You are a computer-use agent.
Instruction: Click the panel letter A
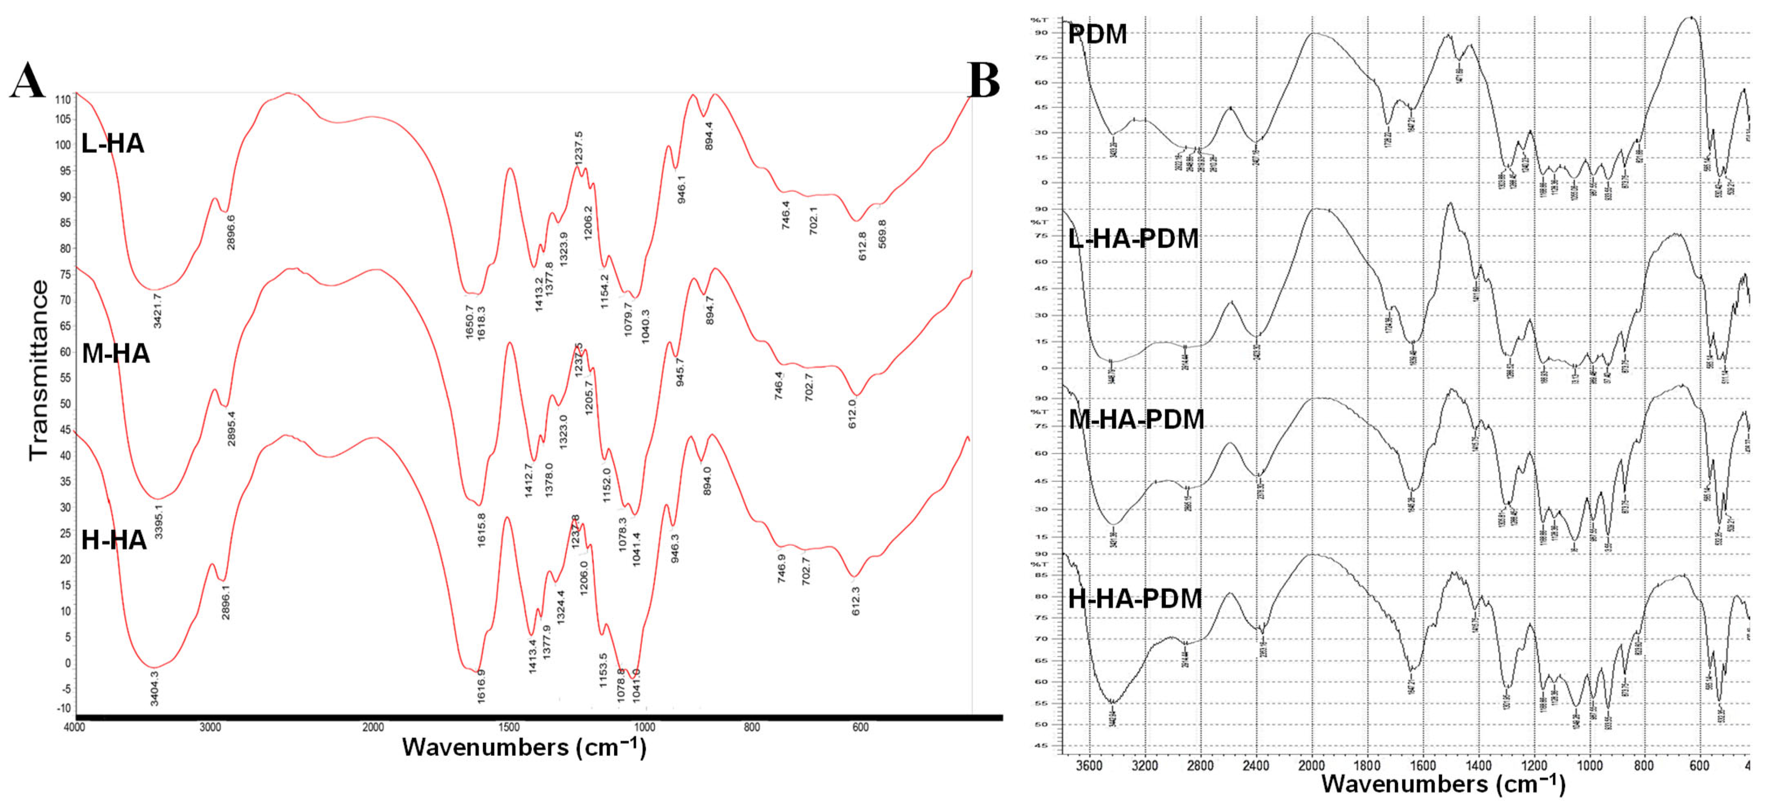27,81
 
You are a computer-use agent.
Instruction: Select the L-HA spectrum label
113,144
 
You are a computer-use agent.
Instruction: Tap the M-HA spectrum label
116,354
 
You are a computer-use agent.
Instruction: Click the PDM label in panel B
1098,34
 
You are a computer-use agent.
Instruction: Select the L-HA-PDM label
1134,239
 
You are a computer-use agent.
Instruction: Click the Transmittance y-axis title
39,370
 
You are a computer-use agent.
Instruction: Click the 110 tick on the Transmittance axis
63,100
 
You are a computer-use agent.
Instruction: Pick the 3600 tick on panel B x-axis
1090,765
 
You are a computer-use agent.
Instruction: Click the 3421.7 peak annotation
157,310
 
